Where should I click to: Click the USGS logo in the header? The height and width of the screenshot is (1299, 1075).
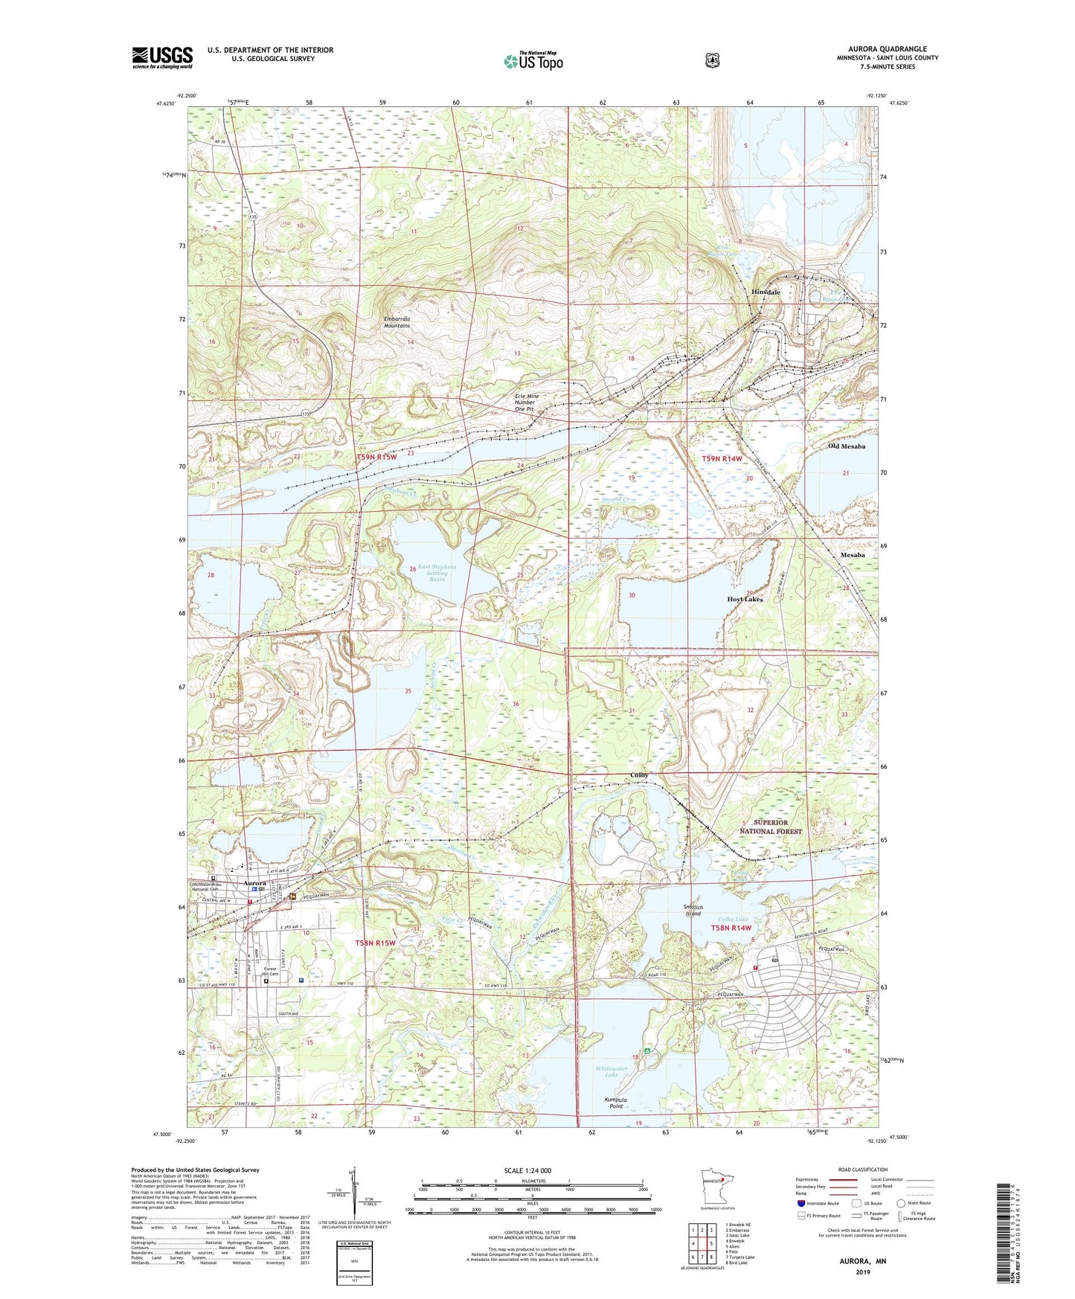(162, 57)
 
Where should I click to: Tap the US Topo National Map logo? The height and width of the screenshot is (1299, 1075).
(533, 61)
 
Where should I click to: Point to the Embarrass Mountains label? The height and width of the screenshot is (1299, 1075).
(397, 322)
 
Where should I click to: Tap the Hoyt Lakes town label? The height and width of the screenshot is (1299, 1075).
(745, 599)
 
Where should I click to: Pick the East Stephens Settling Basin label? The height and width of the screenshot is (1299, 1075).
(437, 573)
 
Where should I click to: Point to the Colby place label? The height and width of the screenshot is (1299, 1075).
(639, 775)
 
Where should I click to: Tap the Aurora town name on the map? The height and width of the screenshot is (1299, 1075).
(255, 883)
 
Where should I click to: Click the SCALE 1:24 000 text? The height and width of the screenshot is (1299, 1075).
(527, 1170)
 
